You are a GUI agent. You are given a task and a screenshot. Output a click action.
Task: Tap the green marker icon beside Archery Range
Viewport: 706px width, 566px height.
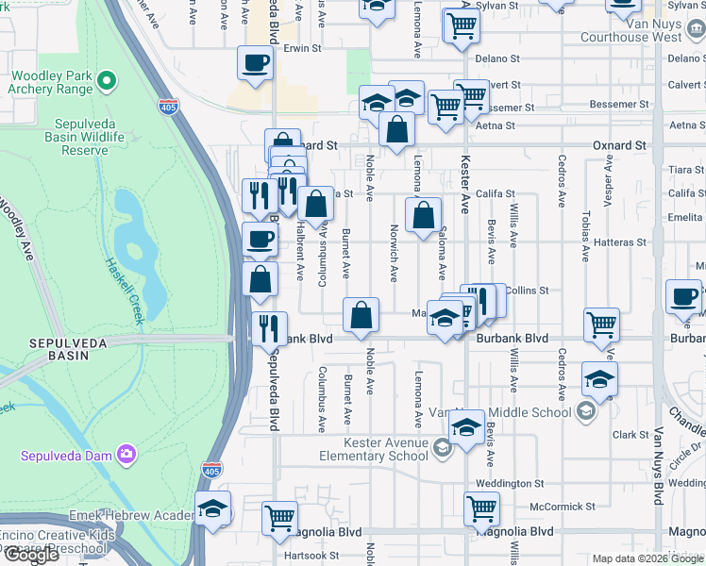[x=106, y=81]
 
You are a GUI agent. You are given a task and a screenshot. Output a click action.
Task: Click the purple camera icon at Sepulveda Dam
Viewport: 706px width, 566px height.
[x=126, y=456]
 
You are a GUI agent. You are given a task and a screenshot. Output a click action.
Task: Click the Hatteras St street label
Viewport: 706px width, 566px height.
[x=618, y=241]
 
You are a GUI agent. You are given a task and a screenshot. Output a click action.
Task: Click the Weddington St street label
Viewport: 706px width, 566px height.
[x=511, y=483]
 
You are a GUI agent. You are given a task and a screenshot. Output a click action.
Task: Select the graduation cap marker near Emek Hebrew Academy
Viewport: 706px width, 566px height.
[x=213, y=509]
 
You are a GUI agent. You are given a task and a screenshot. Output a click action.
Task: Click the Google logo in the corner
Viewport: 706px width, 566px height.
[x=31, y=555]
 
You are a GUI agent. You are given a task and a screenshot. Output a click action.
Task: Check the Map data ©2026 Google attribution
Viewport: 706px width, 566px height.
[x=647, y=559]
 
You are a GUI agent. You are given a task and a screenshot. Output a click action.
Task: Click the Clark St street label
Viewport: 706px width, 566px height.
[x=629, y=435]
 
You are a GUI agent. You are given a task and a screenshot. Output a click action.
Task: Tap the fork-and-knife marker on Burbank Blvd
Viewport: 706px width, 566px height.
[x=269, y=328]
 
